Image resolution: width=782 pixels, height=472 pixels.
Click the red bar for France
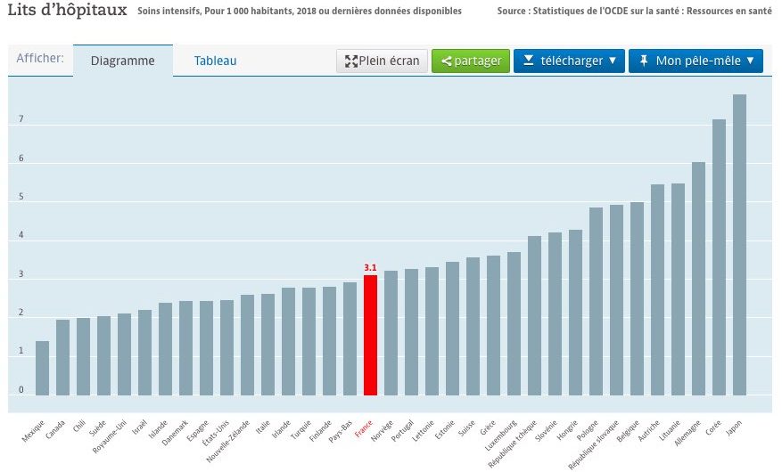[x=370, y=335]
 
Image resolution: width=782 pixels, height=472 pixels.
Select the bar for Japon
[x=739, y=245]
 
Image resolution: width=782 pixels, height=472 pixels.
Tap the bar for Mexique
[x=42, y=368]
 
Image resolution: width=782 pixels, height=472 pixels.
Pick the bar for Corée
[x=719, y=257]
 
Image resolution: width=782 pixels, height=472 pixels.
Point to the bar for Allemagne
[x=698, y=279]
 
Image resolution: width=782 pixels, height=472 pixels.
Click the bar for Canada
[x=62, y=357]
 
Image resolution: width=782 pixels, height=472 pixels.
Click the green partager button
[x=471, y=61]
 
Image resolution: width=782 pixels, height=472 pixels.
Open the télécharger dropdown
[x=570, y=61]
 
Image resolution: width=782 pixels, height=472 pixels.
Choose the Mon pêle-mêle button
[x=696, y=61]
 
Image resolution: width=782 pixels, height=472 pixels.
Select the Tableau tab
[x=216, y=61]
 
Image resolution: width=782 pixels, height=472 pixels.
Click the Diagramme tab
[x=123, y=61]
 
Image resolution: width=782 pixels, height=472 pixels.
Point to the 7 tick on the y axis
[x=21, y=120]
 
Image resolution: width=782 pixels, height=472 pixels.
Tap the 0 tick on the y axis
[x=21, y=390]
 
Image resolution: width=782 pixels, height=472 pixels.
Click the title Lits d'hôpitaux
[x=65, y=12]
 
